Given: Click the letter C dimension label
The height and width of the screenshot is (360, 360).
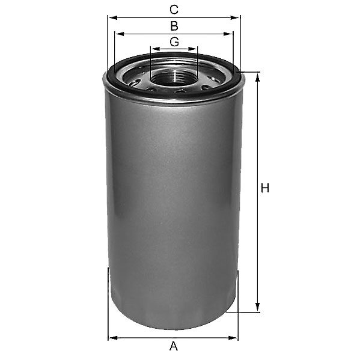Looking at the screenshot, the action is (174, 10).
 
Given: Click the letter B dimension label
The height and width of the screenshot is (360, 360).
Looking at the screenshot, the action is (174, 26).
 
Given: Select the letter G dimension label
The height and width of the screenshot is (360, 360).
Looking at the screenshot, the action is (174, 42).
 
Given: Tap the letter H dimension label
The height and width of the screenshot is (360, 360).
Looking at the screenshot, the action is (265, 188).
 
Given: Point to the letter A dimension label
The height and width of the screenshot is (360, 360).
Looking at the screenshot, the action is (174, 346).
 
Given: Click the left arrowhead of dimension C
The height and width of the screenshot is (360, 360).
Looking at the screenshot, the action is (113, 17).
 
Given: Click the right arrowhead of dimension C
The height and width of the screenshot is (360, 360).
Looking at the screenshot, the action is (234, 17).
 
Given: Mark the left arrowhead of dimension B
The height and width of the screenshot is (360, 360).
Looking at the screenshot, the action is (120, 34).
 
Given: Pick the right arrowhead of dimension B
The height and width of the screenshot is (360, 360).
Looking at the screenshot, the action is (228, 34).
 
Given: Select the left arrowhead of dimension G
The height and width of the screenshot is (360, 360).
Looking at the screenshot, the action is (156, 49).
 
